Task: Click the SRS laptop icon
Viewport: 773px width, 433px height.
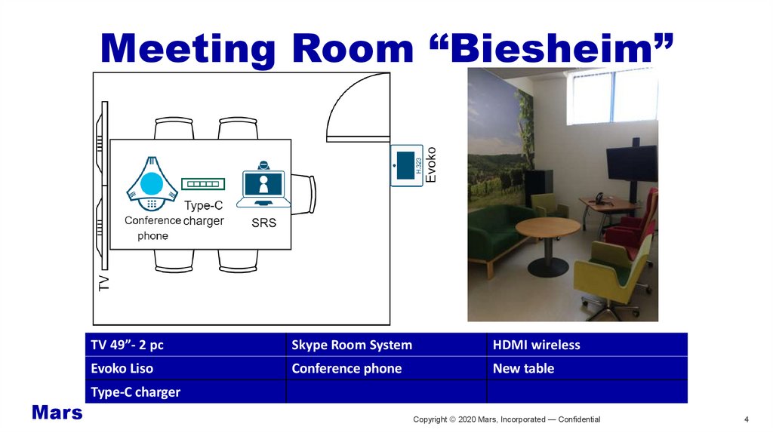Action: click(263, 186)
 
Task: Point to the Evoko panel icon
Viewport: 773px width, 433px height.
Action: click(406, 164)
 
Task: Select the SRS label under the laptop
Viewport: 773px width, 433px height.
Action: click(263, 224)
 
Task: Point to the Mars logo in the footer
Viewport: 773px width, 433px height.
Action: click(57, 413)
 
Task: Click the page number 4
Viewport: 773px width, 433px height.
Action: click(747, 419)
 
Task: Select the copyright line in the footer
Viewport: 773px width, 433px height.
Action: click(507, 419)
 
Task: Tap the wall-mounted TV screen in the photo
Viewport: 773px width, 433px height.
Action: click(631, 163)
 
